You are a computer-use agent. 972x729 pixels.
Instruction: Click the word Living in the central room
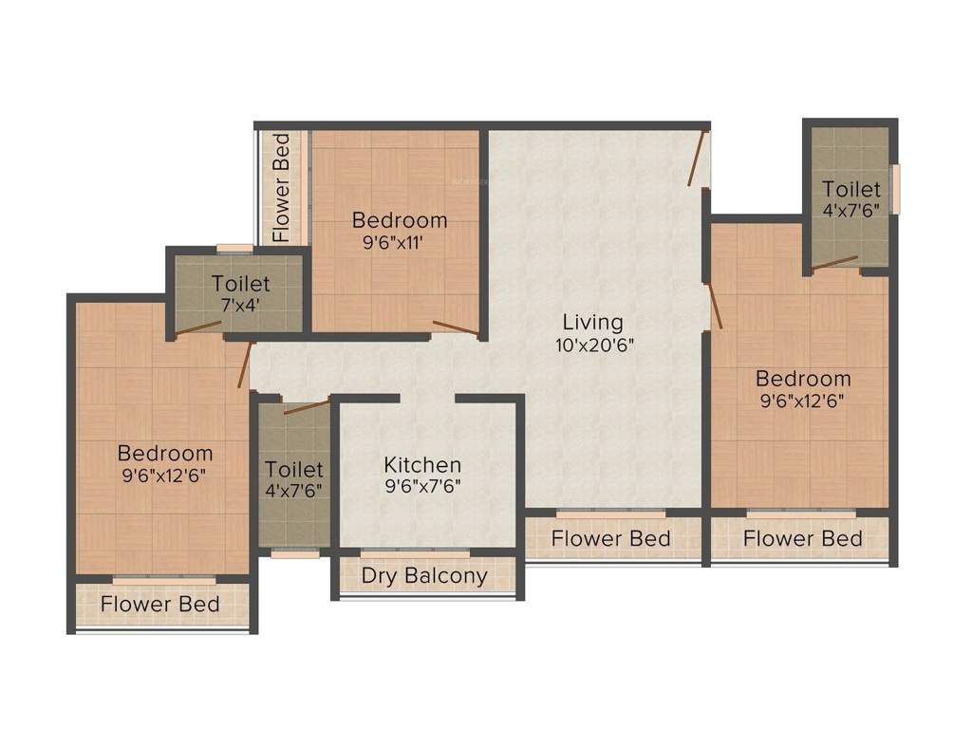592,322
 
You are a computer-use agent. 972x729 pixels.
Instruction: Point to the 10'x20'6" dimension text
594,346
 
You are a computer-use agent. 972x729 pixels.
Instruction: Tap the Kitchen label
422,465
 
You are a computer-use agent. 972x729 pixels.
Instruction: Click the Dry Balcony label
424,575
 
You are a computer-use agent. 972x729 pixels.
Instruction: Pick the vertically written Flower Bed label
281,187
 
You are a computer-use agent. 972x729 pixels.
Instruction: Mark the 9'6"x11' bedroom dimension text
399,243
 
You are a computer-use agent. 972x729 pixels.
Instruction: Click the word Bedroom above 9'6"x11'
399,220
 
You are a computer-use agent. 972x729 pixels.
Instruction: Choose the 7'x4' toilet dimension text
240,306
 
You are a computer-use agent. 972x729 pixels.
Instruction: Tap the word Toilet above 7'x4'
240,284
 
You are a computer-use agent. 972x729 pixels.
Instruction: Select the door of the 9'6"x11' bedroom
456,328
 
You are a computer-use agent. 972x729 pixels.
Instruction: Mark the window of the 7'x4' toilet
234,249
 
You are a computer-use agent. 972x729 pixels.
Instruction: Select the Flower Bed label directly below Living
611,539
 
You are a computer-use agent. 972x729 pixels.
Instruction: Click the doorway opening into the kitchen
427,399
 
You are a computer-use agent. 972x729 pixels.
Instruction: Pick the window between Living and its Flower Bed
611,514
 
